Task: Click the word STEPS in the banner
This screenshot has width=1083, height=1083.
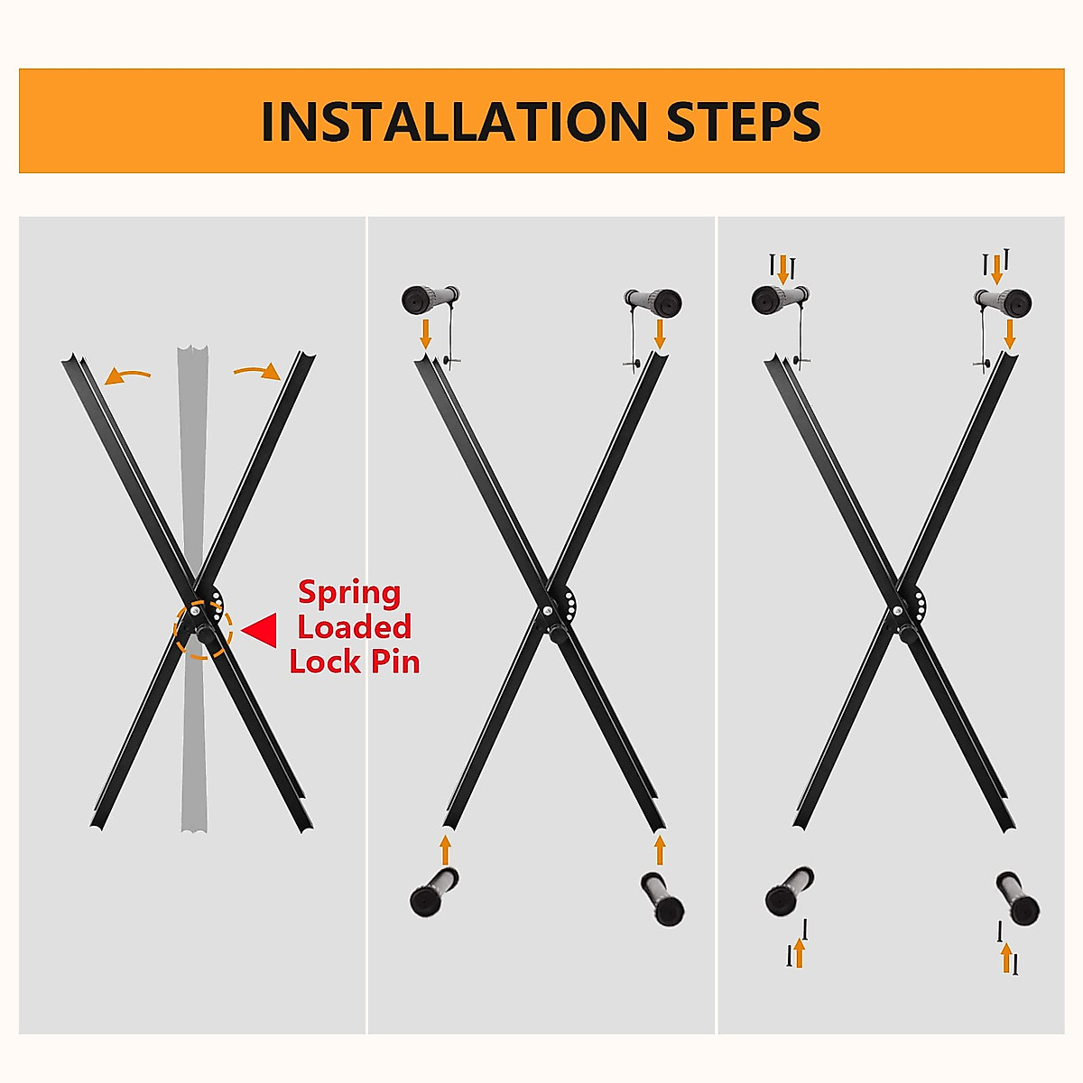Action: click(744, 122)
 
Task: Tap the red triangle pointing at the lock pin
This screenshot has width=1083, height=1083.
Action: click(262, 631)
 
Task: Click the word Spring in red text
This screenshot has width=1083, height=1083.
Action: click(349, 593)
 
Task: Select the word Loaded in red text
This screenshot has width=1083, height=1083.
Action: click(354, 627)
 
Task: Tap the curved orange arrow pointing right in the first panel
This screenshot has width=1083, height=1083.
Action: click(258, 370)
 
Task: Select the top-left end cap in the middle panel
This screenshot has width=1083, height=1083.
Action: click(429, 299)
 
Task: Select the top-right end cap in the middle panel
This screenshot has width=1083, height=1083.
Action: click(654, 301)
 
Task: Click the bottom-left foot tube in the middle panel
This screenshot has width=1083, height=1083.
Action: click(433, 892)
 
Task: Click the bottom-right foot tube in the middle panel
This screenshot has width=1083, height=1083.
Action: click(662, 898)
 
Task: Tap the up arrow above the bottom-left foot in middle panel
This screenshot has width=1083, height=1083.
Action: click(445, 849)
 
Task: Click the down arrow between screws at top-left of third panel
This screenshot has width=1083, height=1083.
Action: click(782, 268)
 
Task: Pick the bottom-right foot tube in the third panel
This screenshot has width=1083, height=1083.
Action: click(1017, 898)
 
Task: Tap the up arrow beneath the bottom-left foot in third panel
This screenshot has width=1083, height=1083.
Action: click(798, 952)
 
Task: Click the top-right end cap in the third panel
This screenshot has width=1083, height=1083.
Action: click(1004, 301)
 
